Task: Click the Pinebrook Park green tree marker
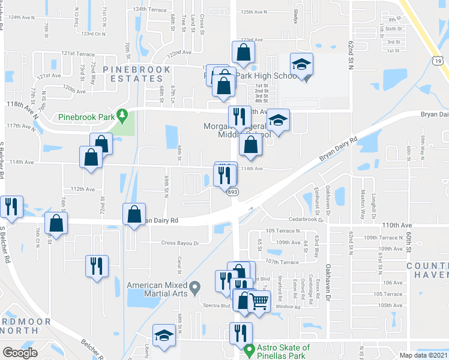tap(122, 114)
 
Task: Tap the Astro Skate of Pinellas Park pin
tap(249, 349)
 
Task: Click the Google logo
tap(20, 353)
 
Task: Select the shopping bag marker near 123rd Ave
tap(243, 55)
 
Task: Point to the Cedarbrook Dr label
tap(309, 220)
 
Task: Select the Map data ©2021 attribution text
tap(424, 355)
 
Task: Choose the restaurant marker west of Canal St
tap(96, 266)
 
